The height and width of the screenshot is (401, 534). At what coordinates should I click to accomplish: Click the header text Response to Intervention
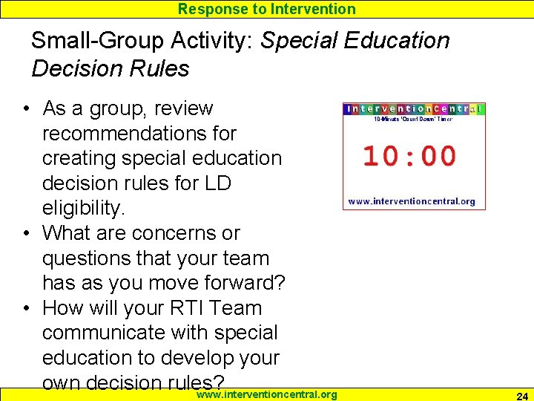coord(267,9)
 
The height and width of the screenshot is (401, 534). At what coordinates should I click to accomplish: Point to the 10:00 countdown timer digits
coord(409,157)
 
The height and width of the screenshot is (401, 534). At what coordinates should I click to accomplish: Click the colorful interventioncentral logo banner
coord(413,108)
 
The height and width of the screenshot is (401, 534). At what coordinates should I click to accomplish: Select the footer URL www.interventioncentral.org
coord(266,394)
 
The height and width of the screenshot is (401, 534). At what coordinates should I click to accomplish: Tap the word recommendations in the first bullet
coord(139,134)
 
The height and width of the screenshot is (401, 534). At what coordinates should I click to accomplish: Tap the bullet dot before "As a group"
coord(26,109)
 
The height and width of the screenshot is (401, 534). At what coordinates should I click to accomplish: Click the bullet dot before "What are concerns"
coord(26,233)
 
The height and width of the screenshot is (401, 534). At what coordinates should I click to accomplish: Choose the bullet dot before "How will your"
coord(26,308)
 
